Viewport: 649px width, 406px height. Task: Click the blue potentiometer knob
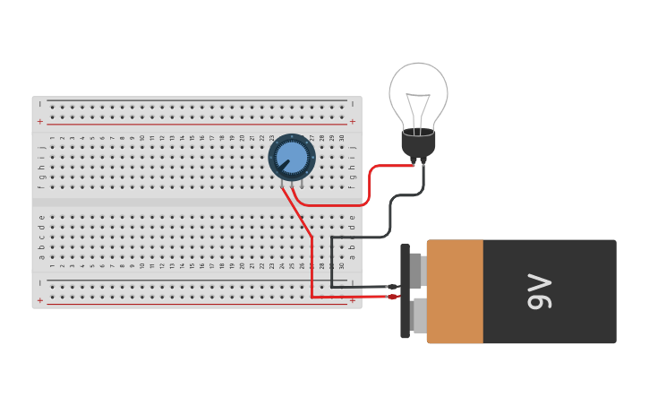click(291, 158)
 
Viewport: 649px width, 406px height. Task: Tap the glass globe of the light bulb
click(418, 90)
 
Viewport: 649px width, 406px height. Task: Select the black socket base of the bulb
click(418, 143)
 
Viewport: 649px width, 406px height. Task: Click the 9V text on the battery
click(540, 291)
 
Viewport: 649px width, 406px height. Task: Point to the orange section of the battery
click(456, 291)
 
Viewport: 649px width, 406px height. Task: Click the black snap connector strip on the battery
click(405, 291)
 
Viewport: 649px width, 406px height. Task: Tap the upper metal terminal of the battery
click(416, 270)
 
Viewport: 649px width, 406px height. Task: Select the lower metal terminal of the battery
click(418, 315)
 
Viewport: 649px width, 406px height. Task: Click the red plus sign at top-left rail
click(39, 121)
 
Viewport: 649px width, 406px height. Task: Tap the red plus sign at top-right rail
click(352, 121)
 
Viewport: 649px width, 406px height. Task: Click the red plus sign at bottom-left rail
click(39, 300)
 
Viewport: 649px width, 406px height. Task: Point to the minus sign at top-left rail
click(39, 104)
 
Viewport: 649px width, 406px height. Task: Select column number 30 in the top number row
click(341, 138)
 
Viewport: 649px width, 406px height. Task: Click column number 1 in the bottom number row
click(52, 265)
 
